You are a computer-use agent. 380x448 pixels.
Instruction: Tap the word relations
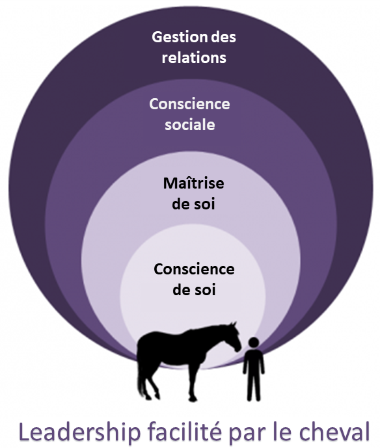194,57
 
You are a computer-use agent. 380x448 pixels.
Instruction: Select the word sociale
190,125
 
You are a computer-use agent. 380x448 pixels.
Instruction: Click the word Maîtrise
193,183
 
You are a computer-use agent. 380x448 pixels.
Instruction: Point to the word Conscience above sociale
189,104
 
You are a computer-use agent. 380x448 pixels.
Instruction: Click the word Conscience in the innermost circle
194,269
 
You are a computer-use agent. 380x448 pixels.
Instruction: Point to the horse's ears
234,324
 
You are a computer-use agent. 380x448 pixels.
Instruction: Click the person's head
254,342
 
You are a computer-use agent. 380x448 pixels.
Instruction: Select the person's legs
254,386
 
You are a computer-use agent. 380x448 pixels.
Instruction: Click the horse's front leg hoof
193,399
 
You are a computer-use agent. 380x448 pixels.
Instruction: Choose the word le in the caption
282,432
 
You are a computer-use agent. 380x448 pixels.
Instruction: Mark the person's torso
254,360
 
